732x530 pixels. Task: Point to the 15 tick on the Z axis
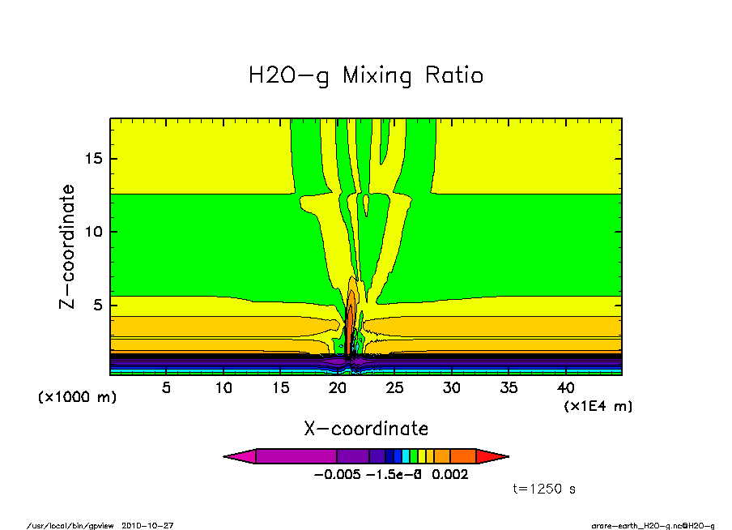tap(94, 159)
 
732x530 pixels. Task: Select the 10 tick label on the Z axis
tap(94, 232)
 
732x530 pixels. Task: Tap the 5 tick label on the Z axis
tap(98, 306)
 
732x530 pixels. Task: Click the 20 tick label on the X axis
tap(338, 387)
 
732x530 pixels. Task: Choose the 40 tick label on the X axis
tap(565, 387)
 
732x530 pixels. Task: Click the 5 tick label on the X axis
tap(167, 387)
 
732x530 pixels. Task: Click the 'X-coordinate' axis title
tap(366, 428)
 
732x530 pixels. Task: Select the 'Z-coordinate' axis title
tap(68, 247)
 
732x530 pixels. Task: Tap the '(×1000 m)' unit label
tap(78, 398)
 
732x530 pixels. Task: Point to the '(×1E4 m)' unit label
tap(598, 406)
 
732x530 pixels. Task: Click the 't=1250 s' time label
tap(544, 489)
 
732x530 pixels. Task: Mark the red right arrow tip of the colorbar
tap(492, 456)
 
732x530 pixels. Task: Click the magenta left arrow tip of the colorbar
tap(240, 456)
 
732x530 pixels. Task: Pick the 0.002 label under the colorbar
tap(450, 475)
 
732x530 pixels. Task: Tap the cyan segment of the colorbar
tap(406, 456)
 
